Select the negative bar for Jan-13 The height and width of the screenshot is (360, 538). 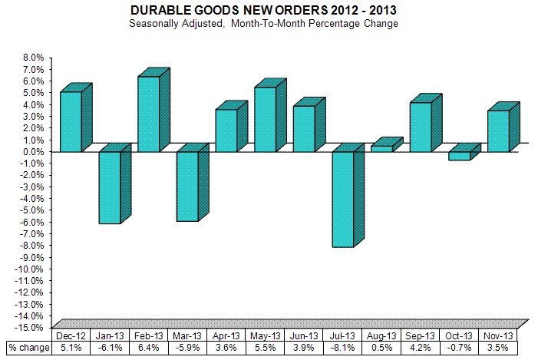[x=110, y=187]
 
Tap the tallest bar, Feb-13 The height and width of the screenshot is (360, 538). [x=148, y=114]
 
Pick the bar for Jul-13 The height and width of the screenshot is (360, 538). [x=342, y=199]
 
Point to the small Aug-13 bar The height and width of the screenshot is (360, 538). [x=381, y=148]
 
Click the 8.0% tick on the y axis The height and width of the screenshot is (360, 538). [x=34, y=58]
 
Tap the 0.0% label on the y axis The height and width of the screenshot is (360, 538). [x=34, y=151]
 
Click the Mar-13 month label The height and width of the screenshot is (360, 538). [x=186, y=335]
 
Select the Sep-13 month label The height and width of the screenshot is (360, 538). [x=421, y=335]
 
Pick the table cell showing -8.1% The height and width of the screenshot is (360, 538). [x=342, y=348]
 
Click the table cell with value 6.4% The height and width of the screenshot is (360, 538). [x=148, y=348]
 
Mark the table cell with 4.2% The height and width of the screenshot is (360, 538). [x=421, y=348]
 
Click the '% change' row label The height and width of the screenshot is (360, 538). [x=29, y=348]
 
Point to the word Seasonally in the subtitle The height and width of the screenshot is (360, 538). [x=206, y=24]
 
